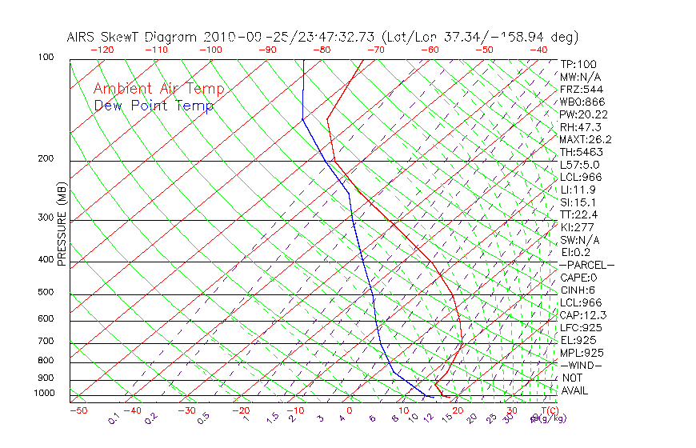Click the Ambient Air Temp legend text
coord(159,89)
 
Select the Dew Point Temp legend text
coord(154,106)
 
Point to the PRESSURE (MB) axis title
coord(62,225)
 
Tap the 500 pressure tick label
coord(46,292)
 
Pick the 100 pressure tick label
coord(46,58)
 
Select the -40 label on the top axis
coord(538,50)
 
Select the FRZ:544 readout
coord(579,89)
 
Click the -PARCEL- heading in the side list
coord(586,265)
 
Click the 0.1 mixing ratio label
coord(113,418)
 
